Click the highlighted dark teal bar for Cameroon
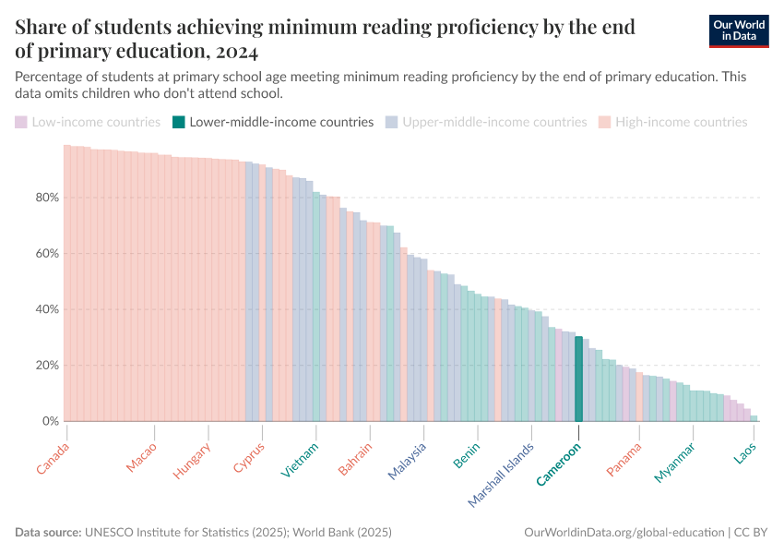[x=578, y=379]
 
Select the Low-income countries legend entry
[x=88, y=122]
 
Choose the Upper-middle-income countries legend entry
[x=486, y=122]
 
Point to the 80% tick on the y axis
[x=48, y=198]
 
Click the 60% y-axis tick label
[x=48, y=253]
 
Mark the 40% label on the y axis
[x=48, y=309]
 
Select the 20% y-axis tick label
[x=48, y=366]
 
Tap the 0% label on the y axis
[x=51, y=421]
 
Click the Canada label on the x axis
[x=53, y=459]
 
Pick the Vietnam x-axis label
[x=301, y=461]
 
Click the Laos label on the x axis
[x=746, y=455]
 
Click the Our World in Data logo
[x=739, y=30]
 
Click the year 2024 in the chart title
[x=225, y=51]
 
